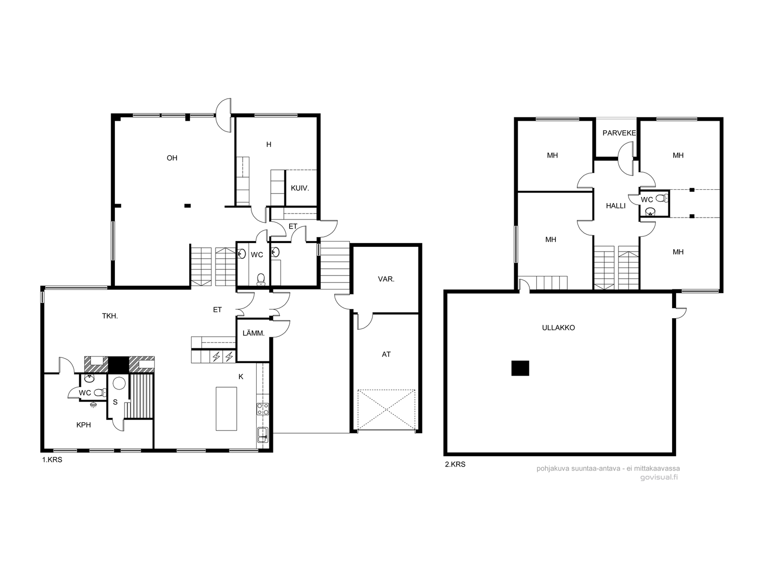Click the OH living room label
coord(172,158)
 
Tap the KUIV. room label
coord(300,188)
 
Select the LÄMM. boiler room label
coord(253,333)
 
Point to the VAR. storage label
coord(386,279)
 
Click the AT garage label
coord(386,355)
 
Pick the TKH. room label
coord(110,316)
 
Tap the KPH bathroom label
coord(84,425)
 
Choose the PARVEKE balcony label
coord(619,133)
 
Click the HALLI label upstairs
coord(616,206)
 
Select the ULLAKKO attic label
coord(558,327)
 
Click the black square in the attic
coord(520,368)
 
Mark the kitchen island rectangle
coord(226,409)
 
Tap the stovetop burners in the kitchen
coord(263,409)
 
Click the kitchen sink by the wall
coord(263,435)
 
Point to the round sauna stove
coord(119,383)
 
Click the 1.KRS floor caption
coord(52,460)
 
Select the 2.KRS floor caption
coord(455,464)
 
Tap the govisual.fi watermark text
coord(659,477)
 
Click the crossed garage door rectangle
coord(386,410)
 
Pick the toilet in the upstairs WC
coord(661,199)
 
